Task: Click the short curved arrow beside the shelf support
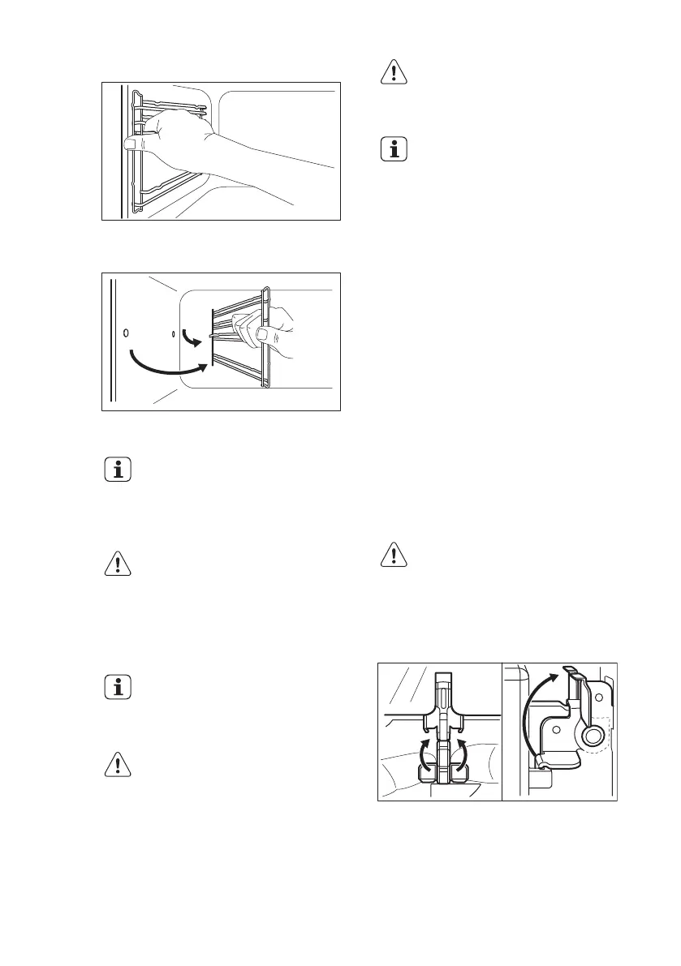188,335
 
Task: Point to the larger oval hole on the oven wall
125,333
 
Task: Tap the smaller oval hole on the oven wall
174,333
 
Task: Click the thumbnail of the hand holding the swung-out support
264,333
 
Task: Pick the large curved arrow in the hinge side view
532,714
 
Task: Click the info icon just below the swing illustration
120,470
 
